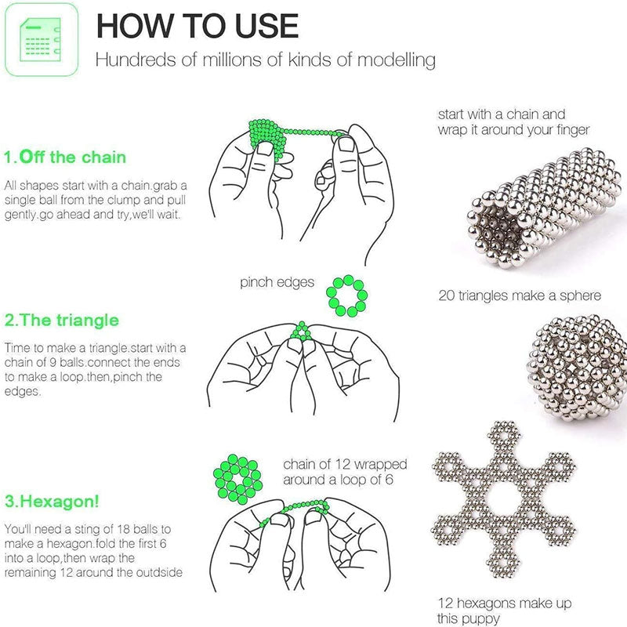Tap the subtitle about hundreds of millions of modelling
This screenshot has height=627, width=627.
click(265, 60)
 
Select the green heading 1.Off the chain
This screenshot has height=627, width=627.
click(65, 158)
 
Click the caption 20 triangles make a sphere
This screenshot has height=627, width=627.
click(520, 295)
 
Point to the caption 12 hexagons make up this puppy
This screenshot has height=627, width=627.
click(504, 610)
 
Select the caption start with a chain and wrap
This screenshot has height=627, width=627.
click(513, 121)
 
